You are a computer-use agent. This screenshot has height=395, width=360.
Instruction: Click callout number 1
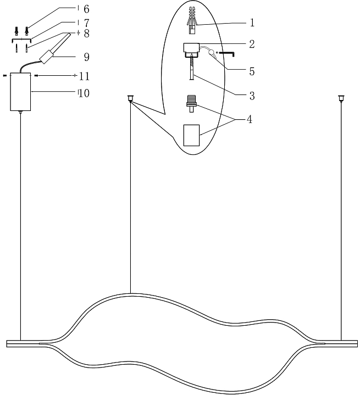click(x=252, y=23)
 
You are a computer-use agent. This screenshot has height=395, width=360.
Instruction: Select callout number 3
click(x=252, y=96)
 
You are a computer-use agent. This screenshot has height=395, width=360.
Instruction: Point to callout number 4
click(x=250, y=119)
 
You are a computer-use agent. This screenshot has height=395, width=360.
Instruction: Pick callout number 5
click(x=252, y=71)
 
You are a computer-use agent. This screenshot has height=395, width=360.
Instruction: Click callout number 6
click(x=86, y=9)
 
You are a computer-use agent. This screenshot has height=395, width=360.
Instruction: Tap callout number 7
click(x=86, y=24)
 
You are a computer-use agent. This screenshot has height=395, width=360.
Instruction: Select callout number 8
click(x=86, y=34)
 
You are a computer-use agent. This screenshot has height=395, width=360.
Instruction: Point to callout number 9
click(x=86, y=57)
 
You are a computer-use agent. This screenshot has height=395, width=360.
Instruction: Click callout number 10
click(x=84, y=93)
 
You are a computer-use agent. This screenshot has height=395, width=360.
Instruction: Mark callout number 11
click(x=84, y=76)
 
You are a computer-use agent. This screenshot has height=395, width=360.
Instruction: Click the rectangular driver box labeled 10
click(x=21, y=92)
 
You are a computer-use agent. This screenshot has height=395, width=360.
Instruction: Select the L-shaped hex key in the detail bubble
click(x=227, y=53)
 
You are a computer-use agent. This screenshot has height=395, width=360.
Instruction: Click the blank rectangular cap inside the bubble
click(x=190, y=135)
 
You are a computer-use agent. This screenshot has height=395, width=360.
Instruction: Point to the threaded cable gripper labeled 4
click(x=191, y=103)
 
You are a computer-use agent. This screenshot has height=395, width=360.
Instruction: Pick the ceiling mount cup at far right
click(x=341, y=99)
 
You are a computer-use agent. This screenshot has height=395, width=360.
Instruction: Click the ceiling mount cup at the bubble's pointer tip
click(x=130, y=99)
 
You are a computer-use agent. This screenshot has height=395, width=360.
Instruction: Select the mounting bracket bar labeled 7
click(x=21, y=40)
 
